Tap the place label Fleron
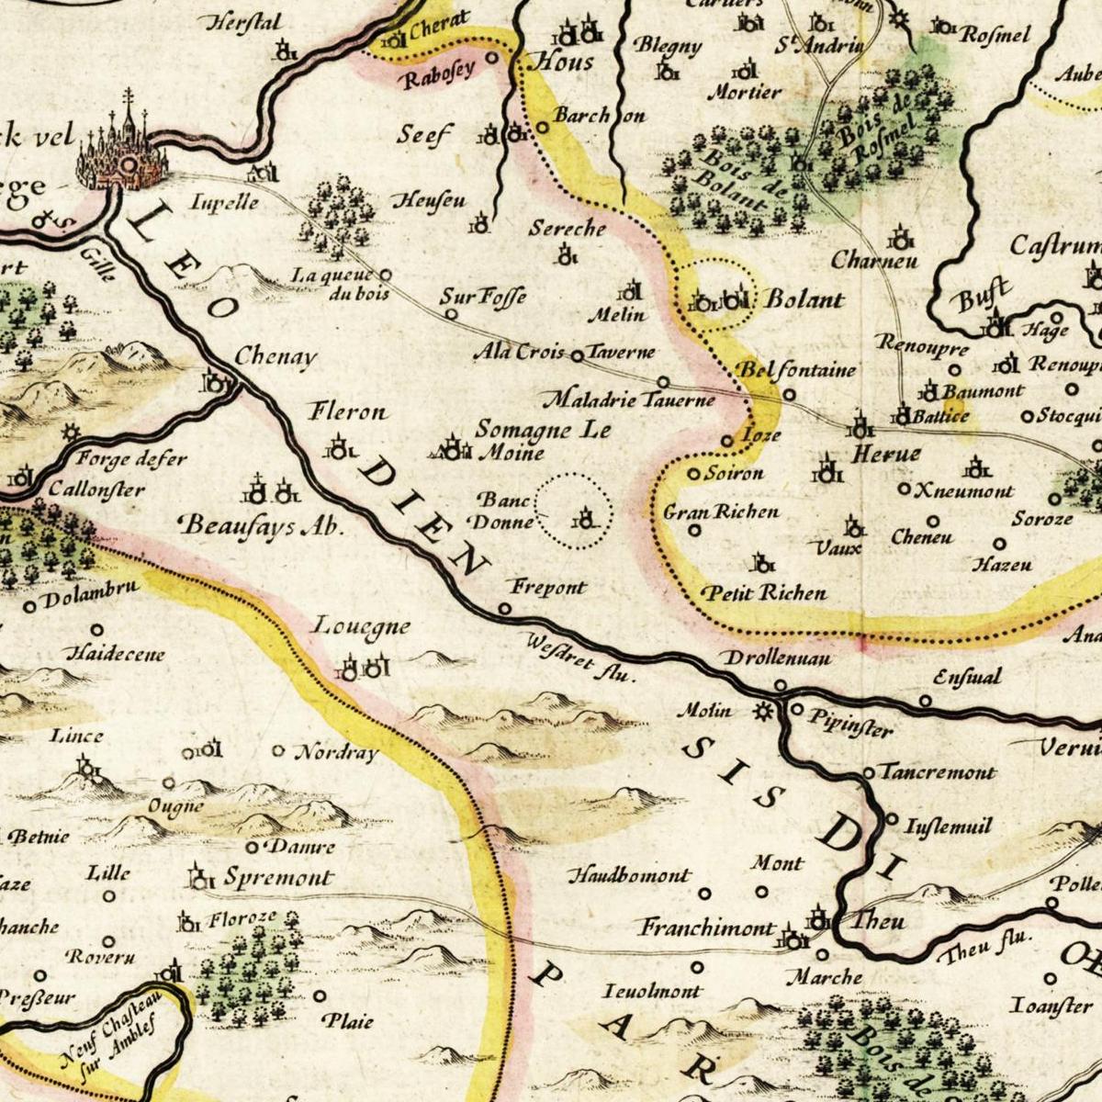348,411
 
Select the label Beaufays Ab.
262,525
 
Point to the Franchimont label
707,928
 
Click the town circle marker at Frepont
504,609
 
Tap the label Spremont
278,877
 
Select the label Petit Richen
765,593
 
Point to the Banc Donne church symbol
583,521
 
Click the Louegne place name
361,627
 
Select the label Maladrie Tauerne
628,400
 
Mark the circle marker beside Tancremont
870,772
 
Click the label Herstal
245,24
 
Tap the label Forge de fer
132,458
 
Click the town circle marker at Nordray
278,750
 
